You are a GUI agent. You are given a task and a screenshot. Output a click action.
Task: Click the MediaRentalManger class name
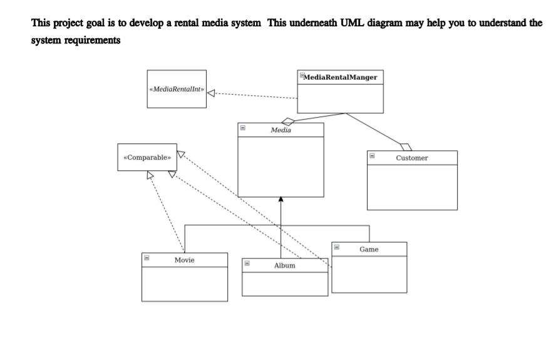pos(341,77)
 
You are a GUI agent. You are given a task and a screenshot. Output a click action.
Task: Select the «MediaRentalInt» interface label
pos(177,89)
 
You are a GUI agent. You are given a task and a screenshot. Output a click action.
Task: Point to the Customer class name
pos(412,158)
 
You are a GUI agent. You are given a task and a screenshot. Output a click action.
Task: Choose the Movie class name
pos(185,259)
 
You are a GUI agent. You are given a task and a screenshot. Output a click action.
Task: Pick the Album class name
pos(284,265)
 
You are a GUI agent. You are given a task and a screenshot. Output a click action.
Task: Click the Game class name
pos(369,249)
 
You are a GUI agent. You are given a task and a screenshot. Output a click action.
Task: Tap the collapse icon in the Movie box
pos(146,257)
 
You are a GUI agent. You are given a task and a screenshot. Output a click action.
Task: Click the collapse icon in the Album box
pos(247,264)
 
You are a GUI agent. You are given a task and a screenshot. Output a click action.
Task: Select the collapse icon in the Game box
pos(336,247)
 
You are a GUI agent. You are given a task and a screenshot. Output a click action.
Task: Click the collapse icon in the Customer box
pos(371,156)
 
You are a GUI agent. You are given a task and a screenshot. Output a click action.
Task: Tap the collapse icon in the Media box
pos(242,128)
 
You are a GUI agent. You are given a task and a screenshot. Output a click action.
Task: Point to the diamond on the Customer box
pos(406,147)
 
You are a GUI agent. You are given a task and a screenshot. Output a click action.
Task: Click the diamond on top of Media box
pos(287,120)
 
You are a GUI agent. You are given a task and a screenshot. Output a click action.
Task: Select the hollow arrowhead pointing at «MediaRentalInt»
pos(212,94)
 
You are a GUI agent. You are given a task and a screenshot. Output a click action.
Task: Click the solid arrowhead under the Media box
pos(281,200)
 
